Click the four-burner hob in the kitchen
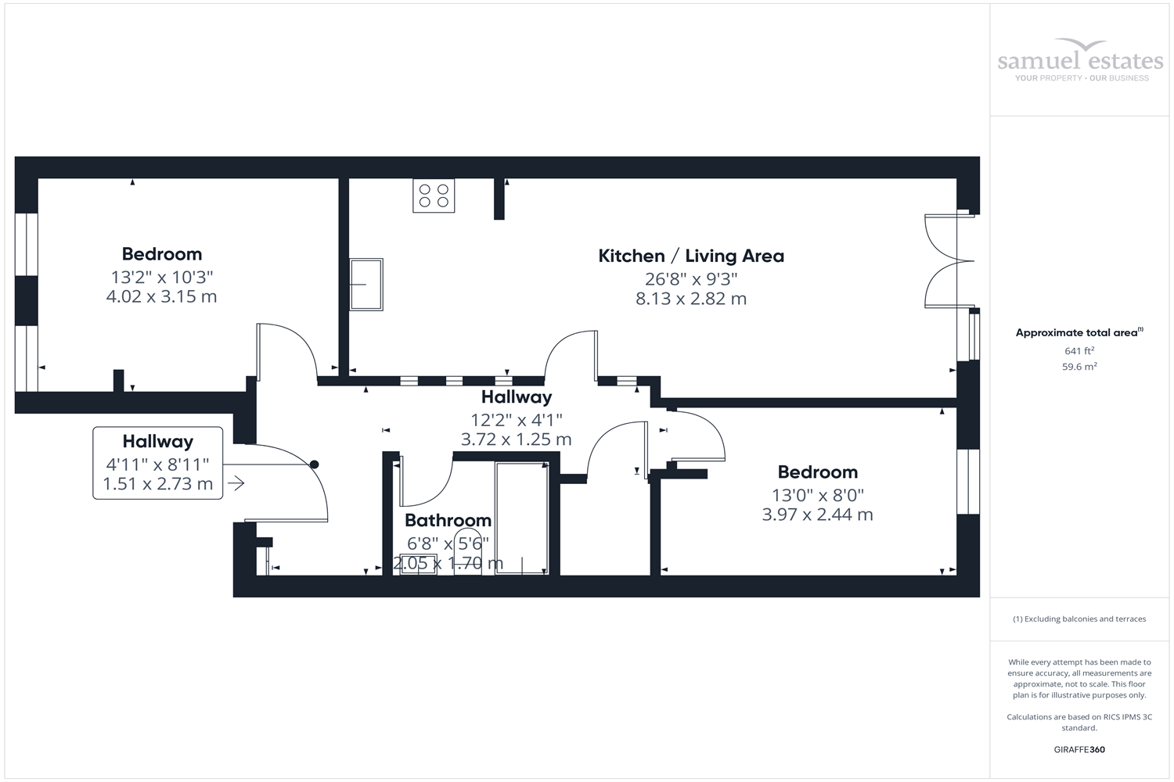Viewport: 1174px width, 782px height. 434,195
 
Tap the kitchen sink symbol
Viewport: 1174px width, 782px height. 366,285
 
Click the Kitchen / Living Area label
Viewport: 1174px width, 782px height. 690,256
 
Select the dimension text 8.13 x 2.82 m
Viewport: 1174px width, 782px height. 690,299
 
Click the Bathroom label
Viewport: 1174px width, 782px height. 448,520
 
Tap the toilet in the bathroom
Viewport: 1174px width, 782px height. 468,560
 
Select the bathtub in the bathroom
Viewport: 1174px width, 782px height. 522,518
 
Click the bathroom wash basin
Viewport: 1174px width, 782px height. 418,564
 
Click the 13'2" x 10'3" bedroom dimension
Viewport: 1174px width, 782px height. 162,277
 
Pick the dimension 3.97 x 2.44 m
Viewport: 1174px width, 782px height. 817,515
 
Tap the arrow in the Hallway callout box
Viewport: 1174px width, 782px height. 236,484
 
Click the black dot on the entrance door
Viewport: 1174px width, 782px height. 315,465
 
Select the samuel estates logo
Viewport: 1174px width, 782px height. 1080,61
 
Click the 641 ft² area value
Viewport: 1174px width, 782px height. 1079,351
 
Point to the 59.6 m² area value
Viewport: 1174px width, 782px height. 1079,367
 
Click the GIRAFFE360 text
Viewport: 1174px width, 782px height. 1079,750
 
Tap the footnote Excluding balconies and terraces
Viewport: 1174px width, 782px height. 1079,619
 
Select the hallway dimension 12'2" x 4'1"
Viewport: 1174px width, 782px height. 516,420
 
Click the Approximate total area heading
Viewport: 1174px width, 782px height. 1079,332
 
